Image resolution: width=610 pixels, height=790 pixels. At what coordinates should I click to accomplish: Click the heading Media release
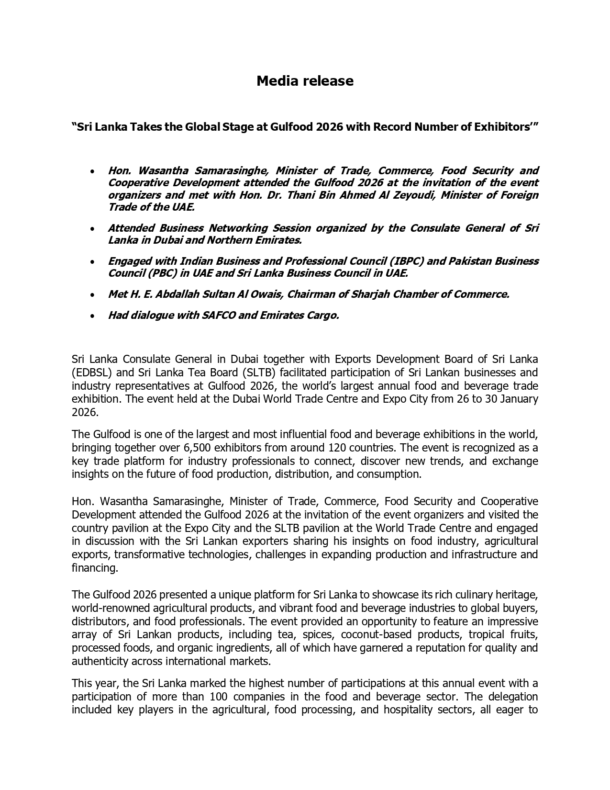pyautogui.click(x=305, y=81)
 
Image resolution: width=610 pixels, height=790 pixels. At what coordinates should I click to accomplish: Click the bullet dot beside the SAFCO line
pyautogui.click(x=92, y=316)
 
